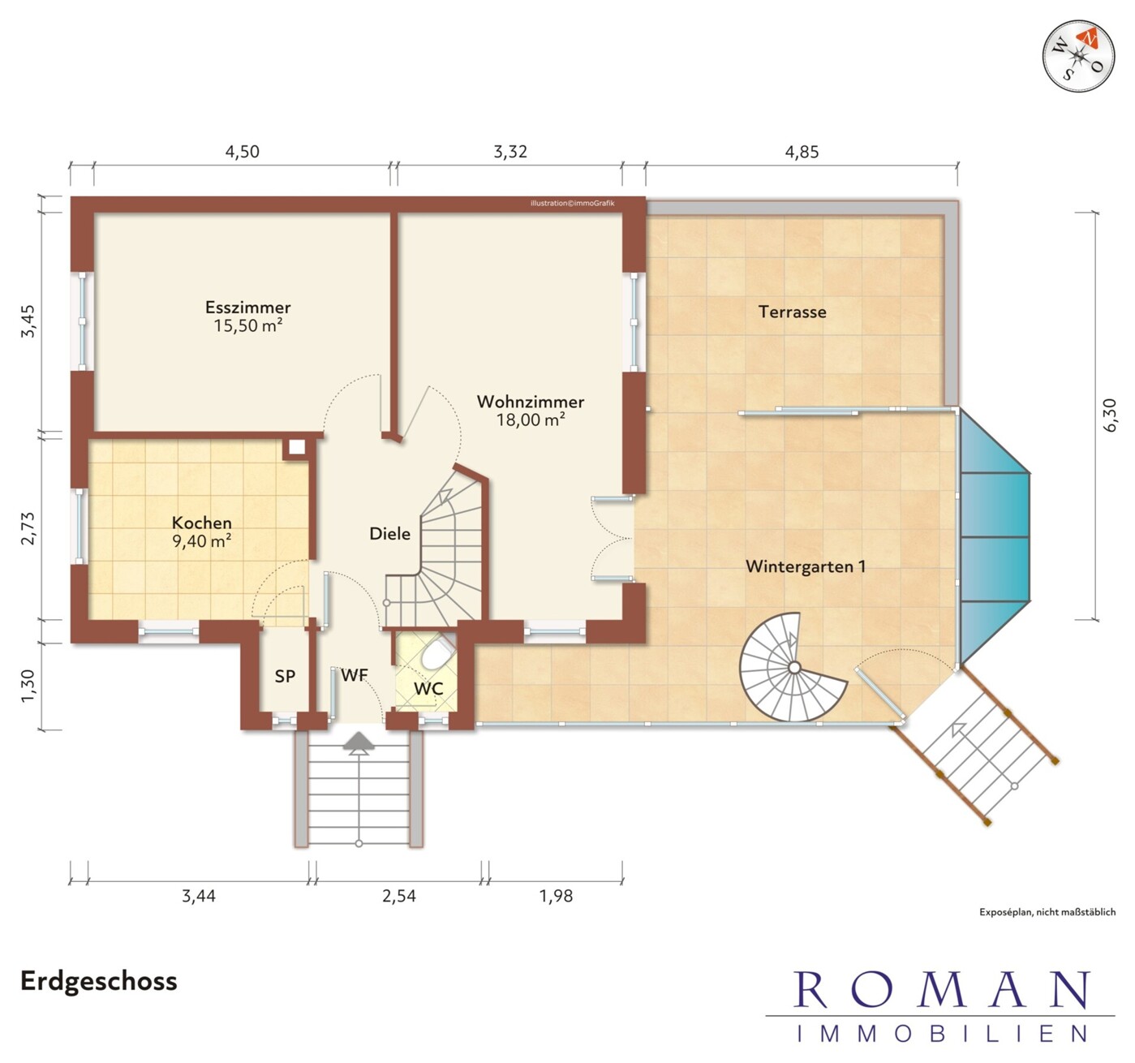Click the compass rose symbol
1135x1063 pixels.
click(x=1078, y=56)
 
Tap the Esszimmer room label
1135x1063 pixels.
click(x=248, y=307)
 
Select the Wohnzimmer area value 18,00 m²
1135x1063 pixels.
click(x=531, y=420)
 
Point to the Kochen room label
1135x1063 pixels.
click(x=202, y=523)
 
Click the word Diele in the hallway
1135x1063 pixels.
click(x=389, y=533)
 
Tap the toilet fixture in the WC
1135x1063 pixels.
click(x=437, y=652)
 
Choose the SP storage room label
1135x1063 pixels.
click(x=285, y=677)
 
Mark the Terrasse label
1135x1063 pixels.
click(x=792, y=312)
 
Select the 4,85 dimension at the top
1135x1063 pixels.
click(x=802, y=152)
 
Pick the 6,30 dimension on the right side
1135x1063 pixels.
click(x=1109, y=415)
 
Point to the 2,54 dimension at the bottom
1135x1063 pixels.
click(x=399, y=896)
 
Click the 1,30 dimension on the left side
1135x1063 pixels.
click(x=28, y=686)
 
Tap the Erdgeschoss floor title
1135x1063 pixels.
click(x=99, y=981)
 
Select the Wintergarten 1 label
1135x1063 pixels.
click(x=806, y=566)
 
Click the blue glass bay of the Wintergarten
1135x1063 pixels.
click(x=995, y=537)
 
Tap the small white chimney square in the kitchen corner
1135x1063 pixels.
click(x=297, y=447)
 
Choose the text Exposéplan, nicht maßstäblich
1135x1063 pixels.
click(x=1047, y=912)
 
